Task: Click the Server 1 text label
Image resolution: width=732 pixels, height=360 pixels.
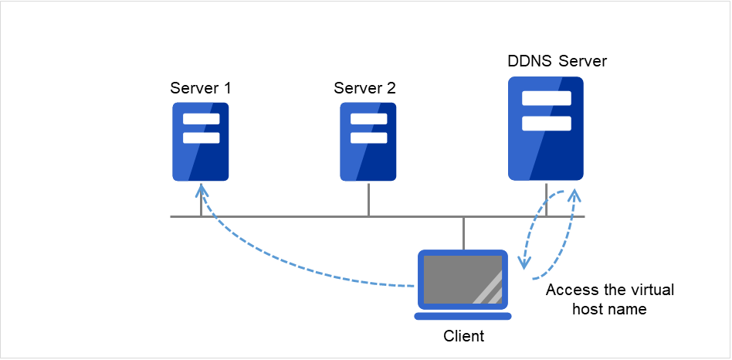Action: click(201, 88)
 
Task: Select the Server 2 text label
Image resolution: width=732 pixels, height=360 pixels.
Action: click(364, 88)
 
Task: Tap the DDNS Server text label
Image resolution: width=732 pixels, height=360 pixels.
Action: click(557, 61)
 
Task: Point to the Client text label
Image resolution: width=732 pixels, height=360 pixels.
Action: click(463, 336)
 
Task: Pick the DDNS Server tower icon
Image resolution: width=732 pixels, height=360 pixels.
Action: click(546, 128)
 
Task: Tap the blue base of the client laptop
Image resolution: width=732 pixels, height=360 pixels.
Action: click(463, 315)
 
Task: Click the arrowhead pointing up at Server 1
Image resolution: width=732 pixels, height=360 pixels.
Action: click(201, 189)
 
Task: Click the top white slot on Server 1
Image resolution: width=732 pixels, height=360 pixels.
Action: click(201, 119)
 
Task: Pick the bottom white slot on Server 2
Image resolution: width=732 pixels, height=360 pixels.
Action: click(368, 138)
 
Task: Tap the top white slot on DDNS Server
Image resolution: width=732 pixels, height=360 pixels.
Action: click(546, 98)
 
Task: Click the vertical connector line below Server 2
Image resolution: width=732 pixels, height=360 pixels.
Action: click(368, 199)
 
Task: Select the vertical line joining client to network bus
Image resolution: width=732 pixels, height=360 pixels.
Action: click(463, 233)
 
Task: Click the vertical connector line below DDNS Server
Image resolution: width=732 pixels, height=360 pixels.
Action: click(546, 199)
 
